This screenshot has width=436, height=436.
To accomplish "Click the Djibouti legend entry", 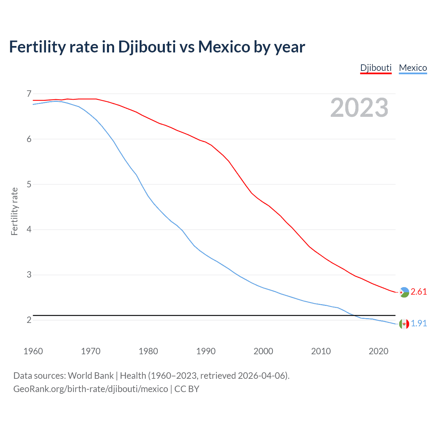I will click(376, 68).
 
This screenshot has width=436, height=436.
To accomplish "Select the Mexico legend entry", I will click(413, 68).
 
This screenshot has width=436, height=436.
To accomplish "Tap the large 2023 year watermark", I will click(359, 108).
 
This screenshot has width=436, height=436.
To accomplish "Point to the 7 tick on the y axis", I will click(29, 94).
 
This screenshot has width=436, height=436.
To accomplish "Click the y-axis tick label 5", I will click(29, 184).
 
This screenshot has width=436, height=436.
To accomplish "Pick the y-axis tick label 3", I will click(29, 275).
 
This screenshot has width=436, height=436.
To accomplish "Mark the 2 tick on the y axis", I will click(29, 320).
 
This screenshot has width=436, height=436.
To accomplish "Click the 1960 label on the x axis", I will click(33, 351).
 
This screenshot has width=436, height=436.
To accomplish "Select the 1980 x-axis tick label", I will click(148, 351).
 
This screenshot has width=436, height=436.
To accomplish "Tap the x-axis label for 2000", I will click(263, 351).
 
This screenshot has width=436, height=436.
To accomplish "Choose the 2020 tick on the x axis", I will click(378, 351).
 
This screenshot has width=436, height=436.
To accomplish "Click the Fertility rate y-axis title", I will click(14, 211).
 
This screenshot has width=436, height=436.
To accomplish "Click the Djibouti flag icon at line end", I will click(404, 292).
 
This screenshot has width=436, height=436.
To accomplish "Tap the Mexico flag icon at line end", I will click(404, 324).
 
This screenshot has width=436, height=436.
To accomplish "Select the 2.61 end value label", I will click(419, 292).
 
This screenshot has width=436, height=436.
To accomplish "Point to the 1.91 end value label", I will click(419, 324).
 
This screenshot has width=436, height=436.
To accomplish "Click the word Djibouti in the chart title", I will click(147, 47).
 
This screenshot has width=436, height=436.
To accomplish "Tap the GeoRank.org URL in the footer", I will click(91, 389).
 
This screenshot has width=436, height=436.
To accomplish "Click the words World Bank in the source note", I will click(91, 376).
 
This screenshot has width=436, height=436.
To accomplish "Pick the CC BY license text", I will click(187, 389).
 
